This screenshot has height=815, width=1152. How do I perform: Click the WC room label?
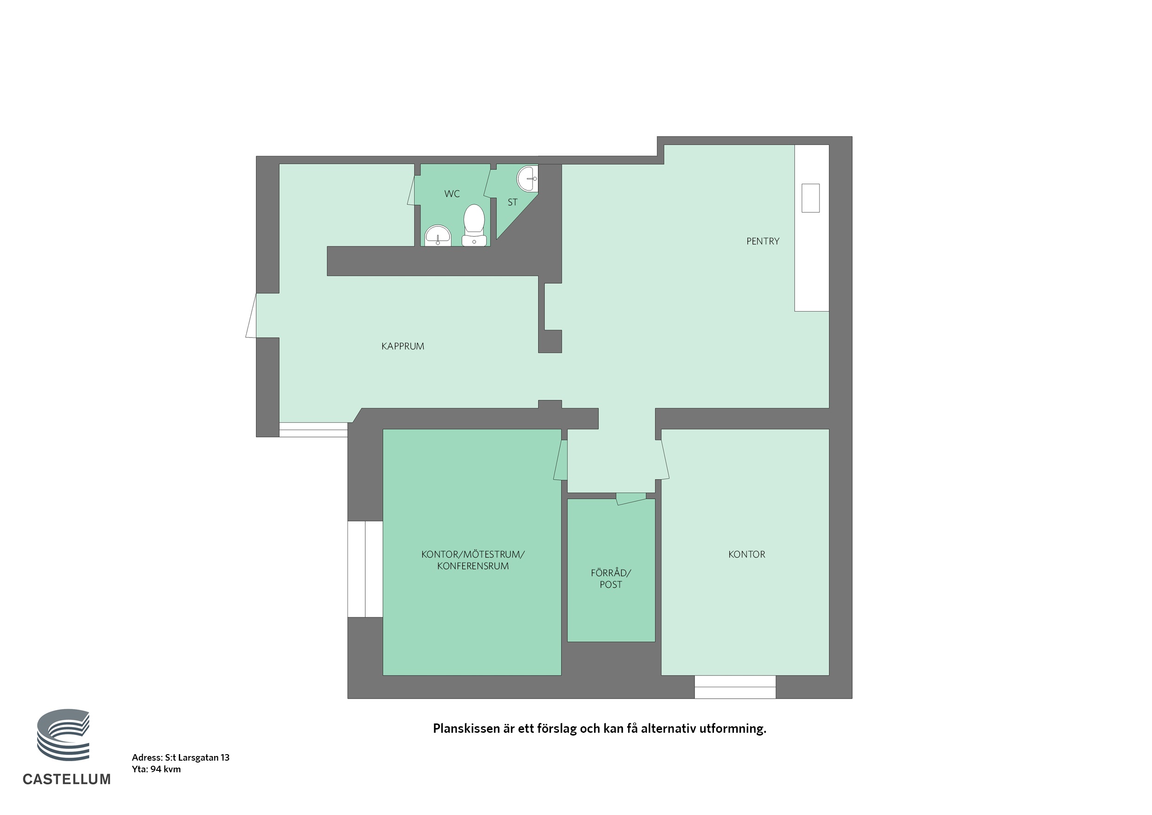coord(452,194)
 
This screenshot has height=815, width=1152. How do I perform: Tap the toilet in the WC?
coord(474,225)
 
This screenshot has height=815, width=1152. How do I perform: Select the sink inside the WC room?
coord(438,236)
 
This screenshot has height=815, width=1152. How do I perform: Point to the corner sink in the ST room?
coord(527,178)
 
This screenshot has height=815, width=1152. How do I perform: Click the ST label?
coord(512,202)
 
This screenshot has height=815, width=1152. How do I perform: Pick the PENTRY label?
coord(763,242)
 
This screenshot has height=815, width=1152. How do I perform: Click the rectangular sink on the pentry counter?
coord(810,198)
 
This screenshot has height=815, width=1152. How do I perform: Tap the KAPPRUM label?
coord(402,346)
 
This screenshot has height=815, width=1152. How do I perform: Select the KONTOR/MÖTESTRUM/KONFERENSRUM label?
coord(472,560)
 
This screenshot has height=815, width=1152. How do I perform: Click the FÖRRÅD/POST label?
coord(611,578)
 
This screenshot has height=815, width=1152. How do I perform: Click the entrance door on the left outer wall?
coord(251,315)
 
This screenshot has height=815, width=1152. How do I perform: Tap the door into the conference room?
coord(561,460)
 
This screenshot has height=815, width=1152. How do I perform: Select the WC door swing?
coord(411,190)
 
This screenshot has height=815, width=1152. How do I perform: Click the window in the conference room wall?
coord(365,569)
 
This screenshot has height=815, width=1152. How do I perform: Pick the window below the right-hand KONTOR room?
coord(735,687)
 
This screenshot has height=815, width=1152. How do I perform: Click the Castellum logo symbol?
coord(63,735)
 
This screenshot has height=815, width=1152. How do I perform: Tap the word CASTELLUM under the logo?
coord(67,779)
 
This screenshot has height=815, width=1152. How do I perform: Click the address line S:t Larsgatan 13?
coord(181,758)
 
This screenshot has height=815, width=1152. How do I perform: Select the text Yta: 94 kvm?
coord(157,769)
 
